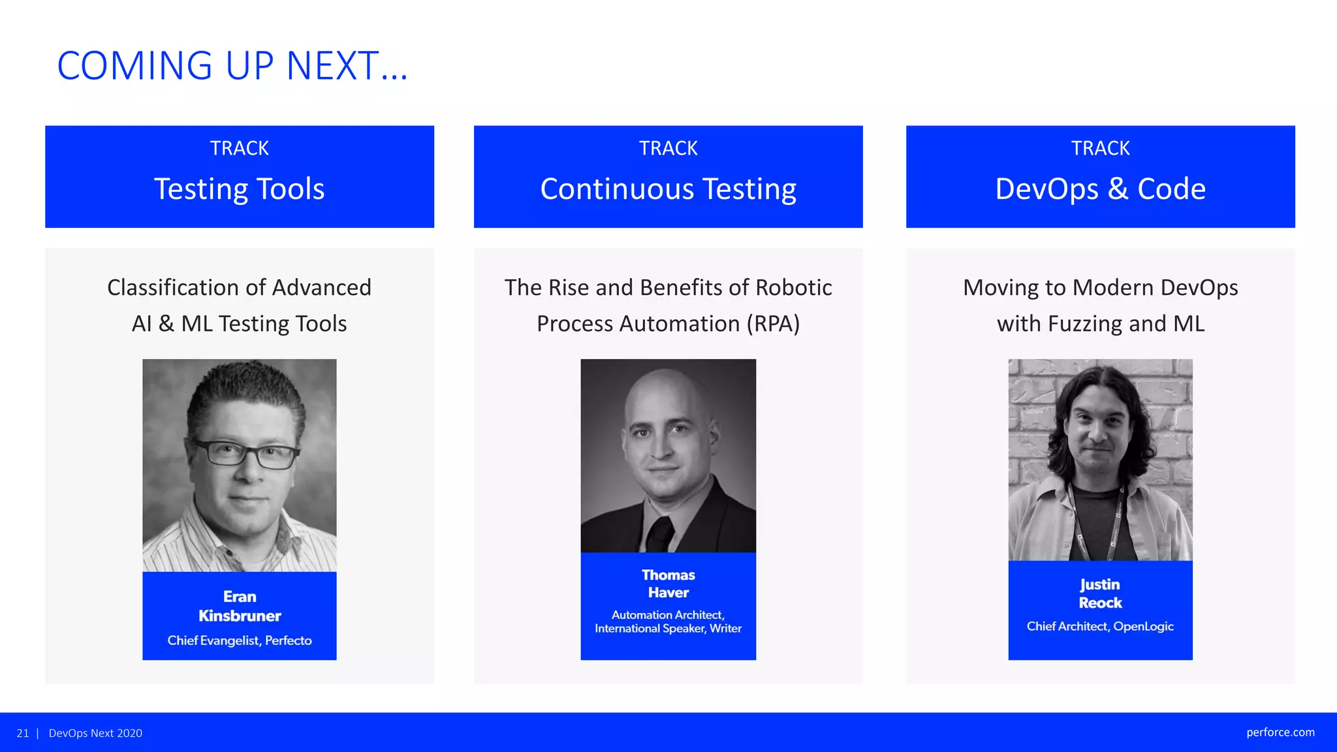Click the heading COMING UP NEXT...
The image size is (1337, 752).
[232, 66]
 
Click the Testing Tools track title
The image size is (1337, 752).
[239, 189]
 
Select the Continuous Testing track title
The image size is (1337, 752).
[668, 189]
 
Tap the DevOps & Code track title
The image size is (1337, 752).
[1100, 189]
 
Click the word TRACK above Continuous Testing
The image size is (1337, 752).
[668, 148]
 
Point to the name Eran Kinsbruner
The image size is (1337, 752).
[240, 606]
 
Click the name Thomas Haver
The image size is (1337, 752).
[668, 584]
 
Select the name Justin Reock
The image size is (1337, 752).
[1100, 593]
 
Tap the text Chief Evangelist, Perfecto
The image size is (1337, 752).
[240, 640]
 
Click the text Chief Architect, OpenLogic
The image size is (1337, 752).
[1100, 626]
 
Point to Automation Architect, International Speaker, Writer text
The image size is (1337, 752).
[668, 621]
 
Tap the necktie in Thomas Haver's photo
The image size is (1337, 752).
[661, 532]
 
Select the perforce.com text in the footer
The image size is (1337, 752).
[1280, 732]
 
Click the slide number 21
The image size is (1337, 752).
[23, 733]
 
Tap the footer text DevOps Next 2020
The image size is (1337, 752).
[95, 733]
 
